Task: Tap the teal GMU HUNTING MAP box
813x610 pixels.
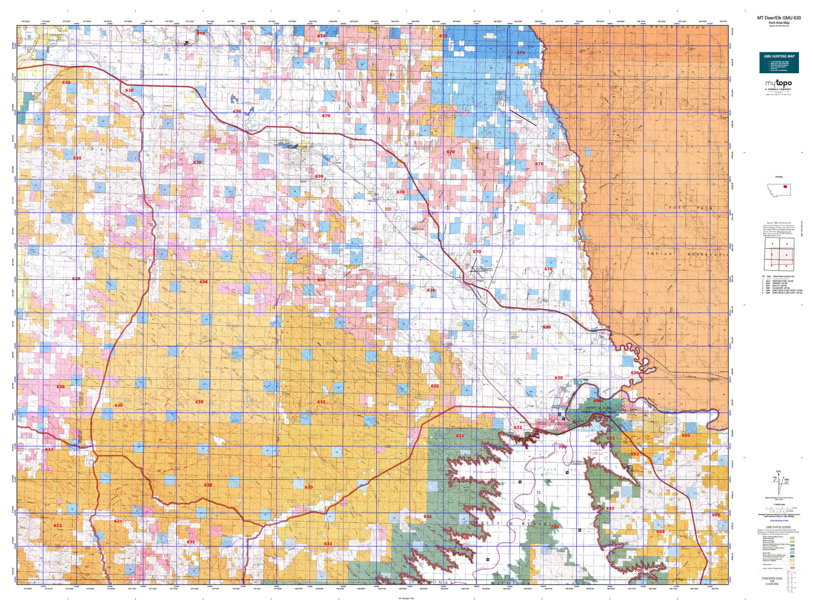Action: click(x=779, y=62)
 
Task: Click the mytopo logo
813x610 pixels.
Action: click(x=778, y=84)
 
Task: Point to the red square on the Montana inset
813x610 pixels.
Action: click(x=785, y=187)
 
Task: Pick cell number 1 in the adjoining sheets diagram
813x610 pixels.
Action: click(x=772, y=244)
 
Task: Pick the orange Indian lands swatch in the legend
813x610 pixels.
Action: click(x=792, y=568)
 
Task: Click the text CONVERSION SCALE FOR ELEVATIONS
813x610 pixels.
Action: click(x=772, y=581)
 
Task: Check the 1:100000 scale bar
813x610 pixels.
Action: click(x=779, y=509)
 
